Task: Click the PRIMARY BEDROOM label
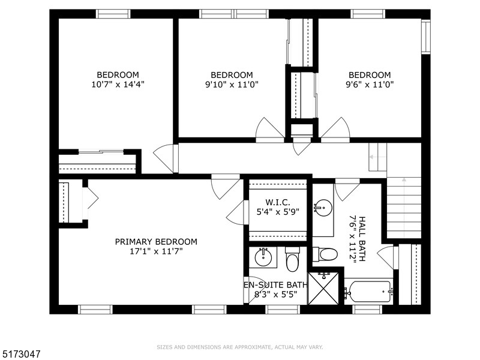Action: (156, 242)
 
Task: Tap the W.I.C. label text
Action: (278, 202)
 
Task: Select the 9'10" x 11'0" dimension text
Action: (232, 85)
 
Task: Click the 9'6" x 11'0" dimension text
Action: (370, 85)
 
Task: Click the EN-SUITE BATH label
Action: (271, 284)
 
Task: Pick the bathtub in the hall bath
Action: (368, 293)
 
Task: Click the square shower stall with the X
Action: (323, 289)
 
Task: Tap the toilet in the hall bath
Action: (326, 254)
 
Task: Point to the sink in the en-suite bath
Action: (263, 259)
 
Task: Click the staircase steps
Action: (404, 207)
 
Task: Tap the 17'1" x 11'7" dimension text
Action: (156, 251)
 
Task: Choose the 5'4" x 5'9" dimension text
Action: (278, 211)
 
